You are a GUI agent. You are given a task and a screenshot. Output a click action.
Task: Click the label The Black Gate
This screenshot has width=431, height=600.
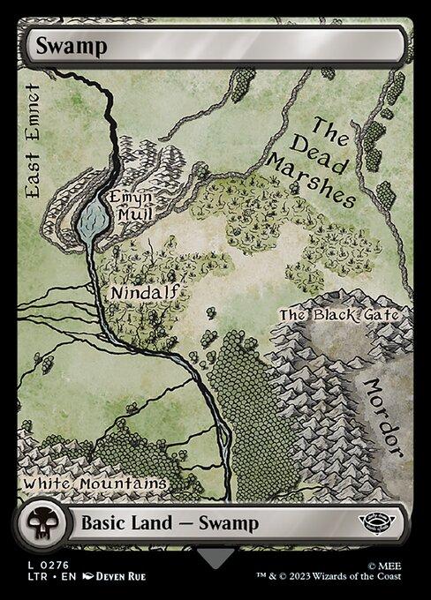pyautogui.click(x=340, y=314)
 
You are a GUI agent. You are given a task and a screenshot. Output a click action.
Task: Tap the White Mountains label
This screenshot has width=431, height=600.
pyautogui.click(x=95, y=484)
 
